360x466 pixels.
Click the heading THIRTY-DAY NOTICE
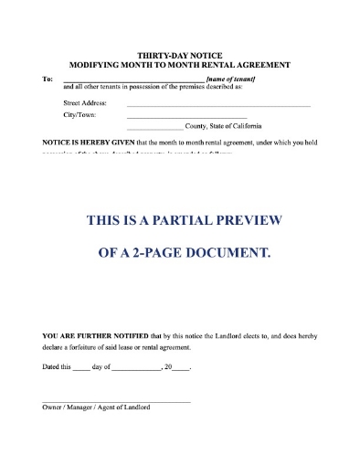[180, 56]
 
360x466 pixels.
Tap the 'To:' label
[48, 79]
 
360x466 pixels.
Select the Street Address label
[85, 103]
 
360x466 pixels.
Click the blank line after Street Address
[217, 106]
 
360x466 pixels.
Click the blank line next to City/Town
[186, 118]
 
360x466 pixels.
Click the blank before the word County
[154, 130]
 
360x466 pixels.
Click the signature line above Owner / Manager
[117, 401]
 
